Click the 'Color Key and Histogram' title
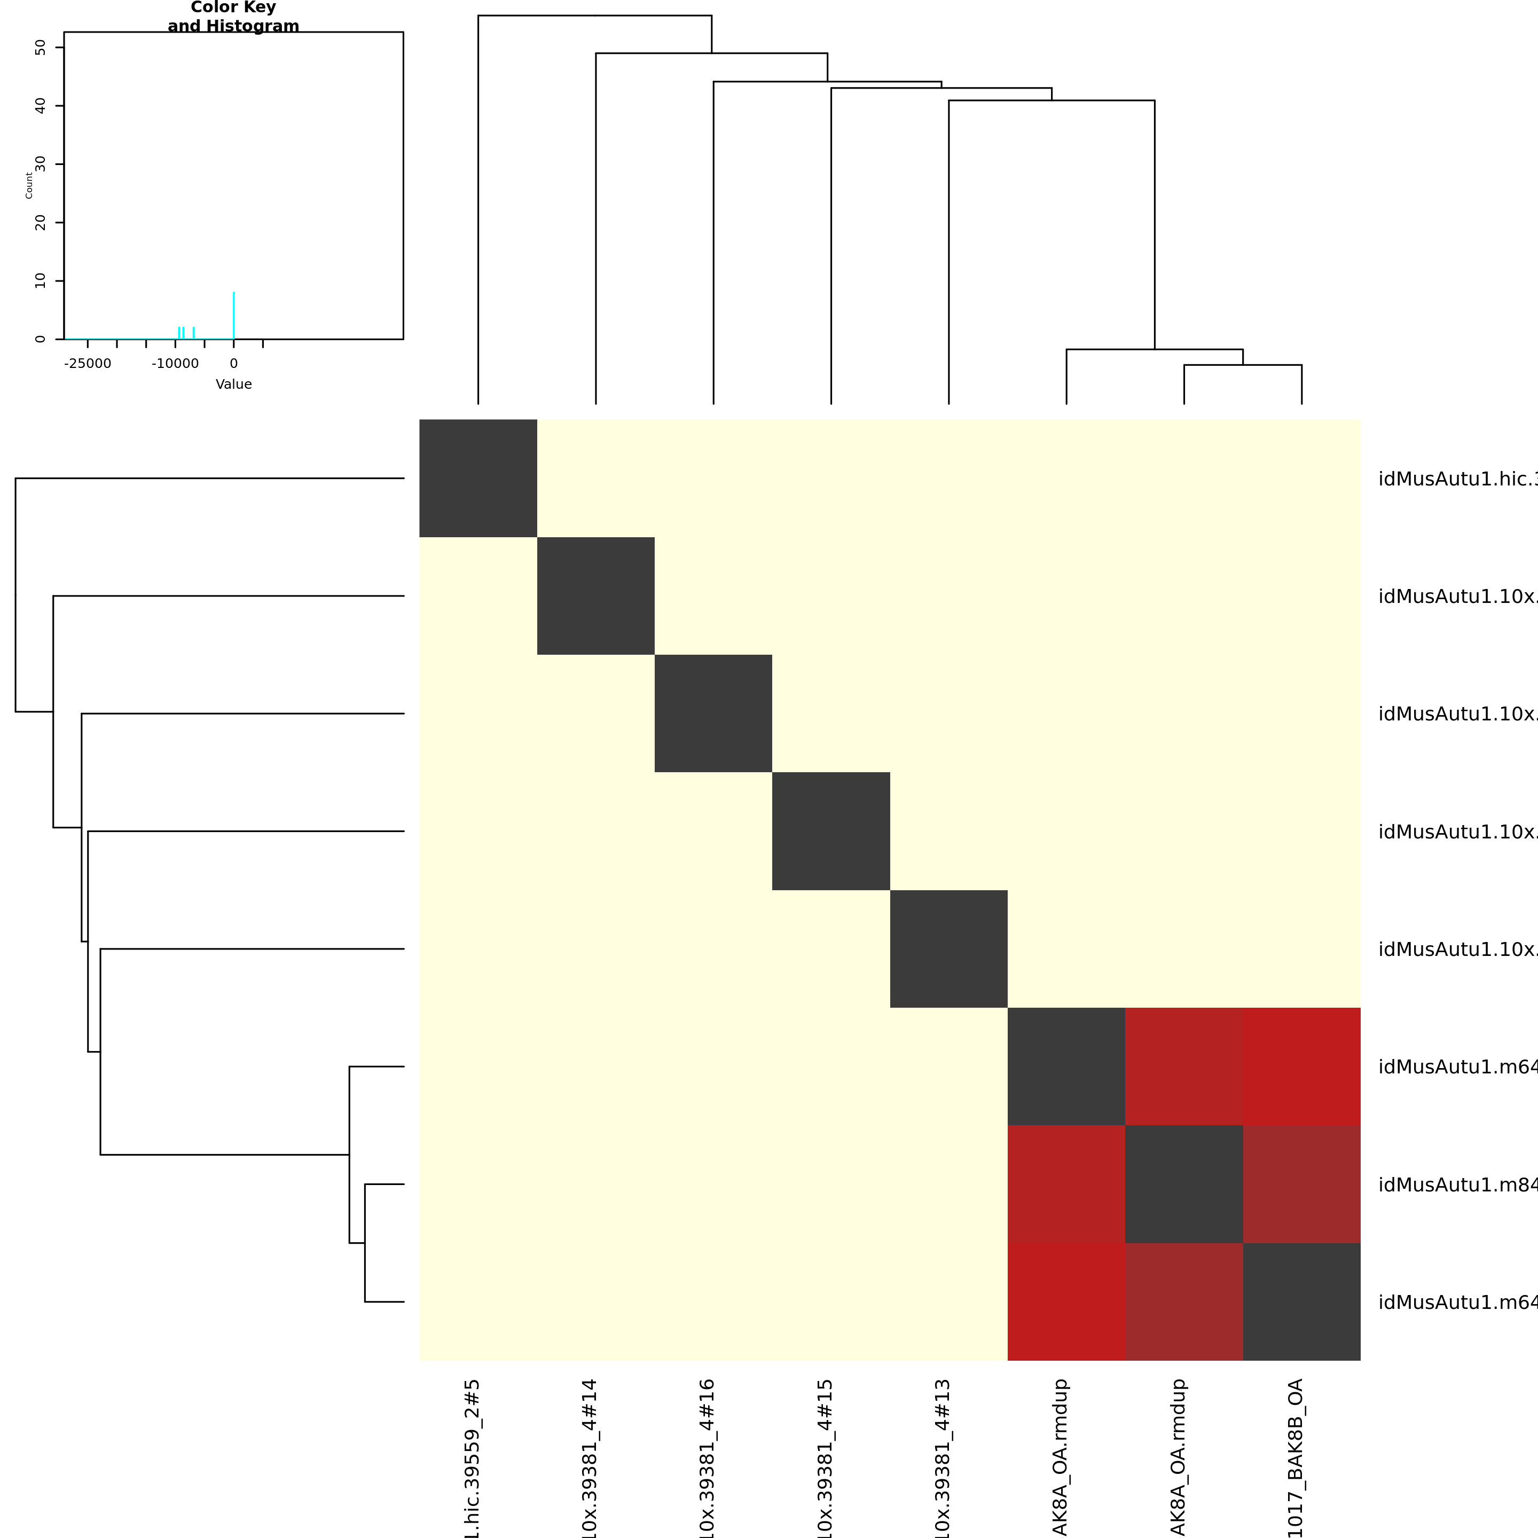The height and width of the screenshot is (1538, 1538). point(233,17)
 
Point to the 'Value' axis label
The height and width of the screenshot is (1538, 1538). point(233,384)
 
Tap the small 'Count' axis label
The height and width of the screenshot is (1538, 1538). point(29,185)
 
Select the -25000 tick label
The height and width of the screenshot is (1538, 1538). point(88,364)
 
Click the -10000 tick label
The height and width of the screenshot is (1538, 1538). point(175,364)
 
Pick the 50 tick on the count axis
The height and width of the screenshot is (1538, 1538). point(41,48)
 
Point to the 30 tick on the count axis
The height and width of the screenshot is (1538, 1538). point(41,164)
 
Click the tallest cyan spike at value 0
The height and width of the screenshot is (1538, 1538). point(233,315)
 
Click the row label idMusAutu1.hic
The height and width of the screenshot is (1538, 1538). point(1457,479)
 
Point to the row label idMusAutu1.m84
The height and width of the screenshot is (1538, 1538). point(1457,1184)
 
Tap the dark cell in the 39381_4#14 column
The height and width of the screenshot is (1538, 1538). point(595,595)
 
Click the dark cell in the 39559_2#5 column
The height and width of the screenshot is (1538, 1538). point(477,477)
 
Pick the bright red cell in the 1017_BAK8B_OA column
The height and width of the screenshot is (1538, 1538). point(1301,1066)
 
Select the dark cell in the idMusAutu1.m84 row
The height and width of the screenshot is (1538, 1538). point(1184,1184)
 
